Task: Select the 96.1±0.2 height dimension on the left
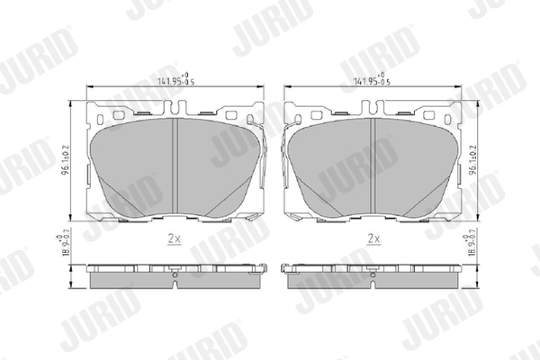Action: [x=67, y=158]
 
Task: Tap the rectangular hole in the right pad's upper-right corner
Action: [x=436, y=116]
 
